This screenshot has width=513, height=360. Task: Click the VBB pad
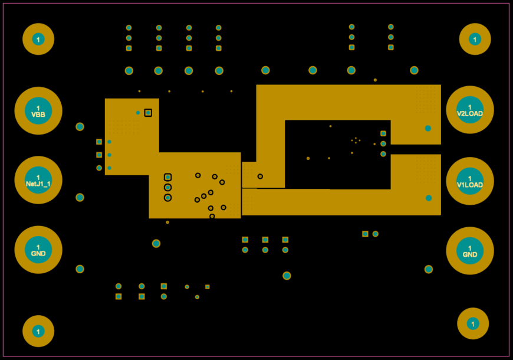38,111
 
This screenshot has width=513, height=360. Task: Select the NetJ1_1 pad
38,181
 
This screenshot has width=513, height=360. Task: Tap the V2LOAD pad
470,110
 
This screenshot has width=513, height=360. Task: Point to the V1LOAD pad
470,181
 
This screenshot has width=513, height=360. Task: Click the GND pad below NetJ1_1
38,250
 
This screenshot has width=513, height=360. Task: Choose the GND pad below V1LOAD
470,251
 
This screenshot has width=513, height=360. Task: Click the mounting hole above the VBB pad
38,40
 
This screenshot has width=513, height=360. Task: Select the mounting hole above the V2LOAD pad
475,40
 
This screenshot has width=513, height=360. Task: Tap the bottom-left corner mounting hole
38,332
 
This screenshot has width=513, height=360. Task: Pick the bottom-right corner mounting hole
473,323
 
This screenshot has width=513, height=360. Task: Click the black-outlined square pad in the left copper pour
148,113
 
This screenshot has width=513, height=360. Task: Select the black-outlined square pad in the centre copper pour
168,177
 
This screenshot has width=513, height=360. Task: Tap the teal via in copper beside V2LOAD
428,128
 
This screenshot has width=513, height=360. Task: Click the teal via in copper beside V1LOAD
429,198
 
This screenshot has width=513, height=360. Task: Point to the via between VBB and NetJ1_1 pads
80,127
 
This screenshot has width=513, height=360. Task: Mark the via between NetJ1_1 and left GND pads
80,197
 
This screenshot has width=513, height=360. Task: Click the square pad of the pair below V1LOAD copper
366,234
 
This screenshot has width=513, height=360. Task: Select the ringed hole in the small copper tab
260,176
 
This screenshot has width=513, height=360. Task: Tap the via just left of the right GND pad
429,269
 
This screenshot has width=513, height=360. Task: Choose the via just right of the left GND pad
80,269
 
